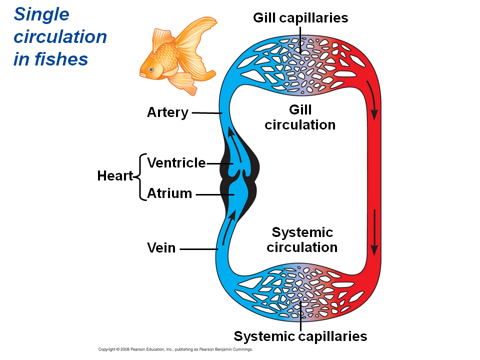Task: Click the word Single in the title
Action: (x=41, y=14)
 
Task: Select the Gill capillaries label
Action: (x=300, y=18)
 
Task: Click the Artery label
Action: (x=167, y=112)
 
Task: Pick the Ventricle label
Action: (x=176, y=163)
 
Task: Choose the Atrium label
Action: (x=169, y=193)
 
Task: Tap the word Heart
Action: (x=114, y=176)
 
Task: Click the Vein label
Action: (x=161, y=247)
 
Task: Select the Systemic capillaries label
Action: (x=300, y=336)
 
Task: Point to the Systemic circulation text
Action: (x=302, y=239)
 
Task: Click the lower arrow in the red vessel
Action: (x=374, y=232)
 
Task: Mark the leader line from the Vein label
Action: (x=198, y=248)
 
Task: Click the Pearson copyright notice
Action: (x=175, y=349)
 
